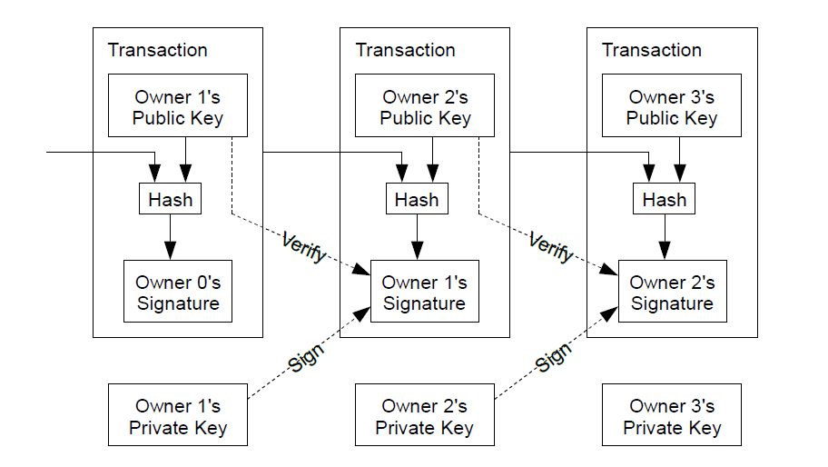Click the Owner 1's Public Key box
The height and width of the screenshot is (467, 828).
178,105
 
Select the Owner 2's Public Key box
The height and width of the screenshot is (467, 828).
425,105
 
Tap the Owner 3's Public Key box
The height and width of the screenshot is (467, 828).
672,105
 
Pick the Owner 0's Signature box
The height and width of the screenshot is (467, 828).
178,291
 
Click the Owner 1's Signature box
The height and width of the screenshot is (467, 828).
425,291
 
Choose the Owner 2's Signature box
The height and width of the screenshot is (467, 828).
672,291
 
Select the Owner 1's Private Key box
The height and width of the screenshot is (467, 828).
178,414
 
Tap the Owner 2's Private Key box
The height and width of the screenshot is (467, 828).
425,414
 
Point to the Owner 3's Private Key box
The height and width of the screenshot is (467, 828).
672,414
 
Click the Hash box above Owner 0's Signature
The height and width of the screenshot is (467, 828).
170,199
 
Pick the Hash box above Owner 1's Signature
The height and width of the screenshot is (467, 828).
417,199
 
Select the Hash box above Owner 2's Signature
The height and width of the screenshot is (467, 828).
665,199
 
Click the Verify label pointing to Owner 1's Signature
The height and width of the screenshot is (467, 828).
303,247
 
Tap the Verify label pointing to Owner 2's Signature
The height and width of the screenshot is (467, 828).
551,247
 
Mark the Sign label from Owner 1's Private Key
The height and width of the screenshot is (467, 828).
305,358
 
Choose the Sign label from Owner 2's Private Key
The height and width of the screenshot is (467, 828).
553,356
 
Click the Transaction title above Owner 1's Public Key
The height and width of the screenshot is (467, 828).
157,50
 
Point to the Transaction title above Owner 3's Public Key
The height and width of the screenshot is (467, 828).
652,50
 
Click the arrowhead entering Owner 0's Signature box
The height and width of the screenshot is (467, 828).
170,251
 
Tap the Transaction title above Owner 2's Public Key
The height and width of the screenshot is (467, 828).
405,50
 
